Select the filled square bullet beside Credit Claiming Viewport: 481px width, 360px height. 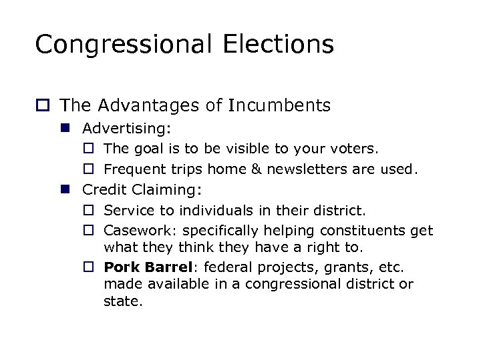click(68, 190)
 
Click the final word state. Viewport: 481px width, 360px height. click(123, 301)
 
